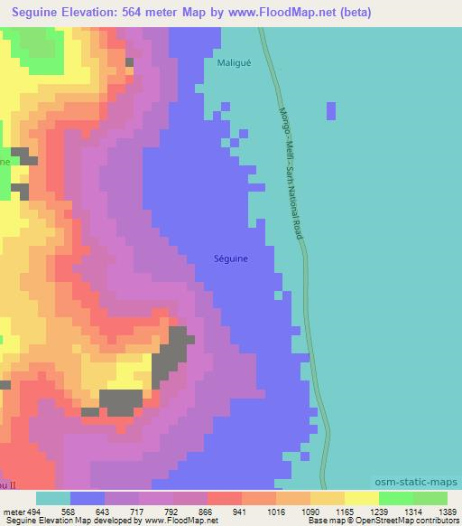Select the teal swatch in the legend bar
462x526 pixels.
click(53, 498)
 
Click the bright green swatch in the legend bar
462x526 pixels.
click(396, 498)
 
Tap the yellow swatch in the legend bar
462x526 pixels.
click(362, 498)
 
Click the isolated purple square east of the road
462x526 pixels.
click(331, 110)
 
